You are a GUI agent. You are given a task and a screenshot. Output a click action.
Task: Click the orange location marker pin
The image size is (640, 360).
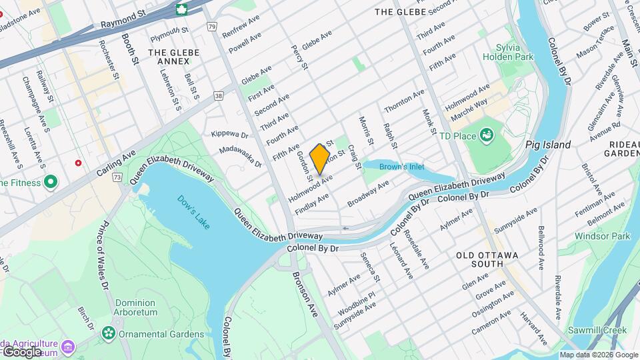coord(320,159)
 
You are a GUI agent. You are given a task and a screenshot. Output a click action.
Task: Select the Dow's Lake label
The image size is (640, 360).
coord(193,211)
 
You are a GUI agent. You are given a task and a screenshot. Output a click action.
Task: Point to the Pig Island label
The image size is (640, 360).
coord(548,145)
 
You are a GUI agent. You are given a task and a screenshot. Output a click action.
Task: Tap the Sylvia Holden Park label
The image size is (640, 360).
coord(514,52)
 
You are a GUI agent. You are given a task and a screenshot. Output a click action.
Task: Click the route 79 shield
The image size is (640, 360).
coord(211,27)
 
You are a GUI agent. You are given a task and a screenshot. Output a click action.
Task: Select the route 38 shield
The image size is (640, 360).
coord(219,96)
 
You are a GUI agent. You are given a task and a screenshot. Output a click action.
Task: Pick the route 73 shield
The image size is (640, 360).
coord(117,177)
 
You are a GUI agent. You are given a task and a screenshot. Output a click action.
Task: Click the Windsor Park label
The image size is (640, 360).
coord(603,236)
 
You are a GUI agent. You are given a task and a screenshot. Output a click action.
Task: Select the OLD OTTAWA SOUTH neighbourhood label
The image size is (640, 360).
coord(489,259)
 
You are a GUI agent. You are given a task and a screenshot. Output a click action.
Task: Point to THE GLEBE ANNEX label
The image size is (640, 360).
coord(173,57)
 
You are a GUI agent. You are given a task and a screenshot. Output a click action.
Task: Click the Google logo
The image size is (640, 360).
coord(21,351)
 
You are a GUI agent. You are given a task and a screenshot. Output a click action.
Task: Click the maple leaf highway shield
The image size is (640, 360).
coord(181,9)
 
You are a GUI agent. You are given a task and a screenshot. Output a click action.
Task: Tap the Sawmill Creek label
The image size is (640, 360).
coord(598,331)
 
